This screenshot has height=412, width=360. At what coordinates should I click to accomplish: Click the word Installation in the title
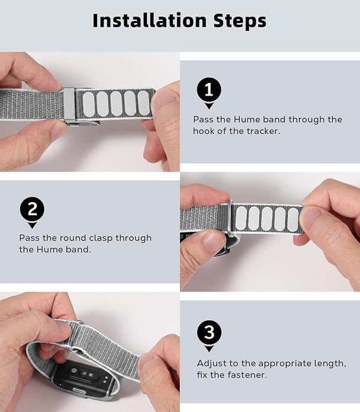150,21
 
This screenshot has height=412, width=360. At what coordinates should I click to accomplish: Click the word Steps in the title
240,21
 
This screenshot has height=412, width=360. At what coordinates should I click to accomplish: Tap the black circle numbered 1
209,90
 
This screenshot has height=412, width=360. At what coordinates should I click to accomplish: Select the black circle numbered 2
33,209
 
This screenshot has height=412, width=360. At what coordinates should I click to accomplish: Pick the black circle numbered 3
209,332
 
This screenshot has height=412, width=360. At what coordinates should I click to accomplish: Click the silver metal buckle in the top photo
69,105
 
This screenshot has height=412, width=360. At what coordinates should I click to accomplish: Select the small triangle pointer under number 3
209,349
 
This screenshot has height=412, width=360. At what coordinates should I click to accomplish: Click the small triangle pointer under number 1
209,106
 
